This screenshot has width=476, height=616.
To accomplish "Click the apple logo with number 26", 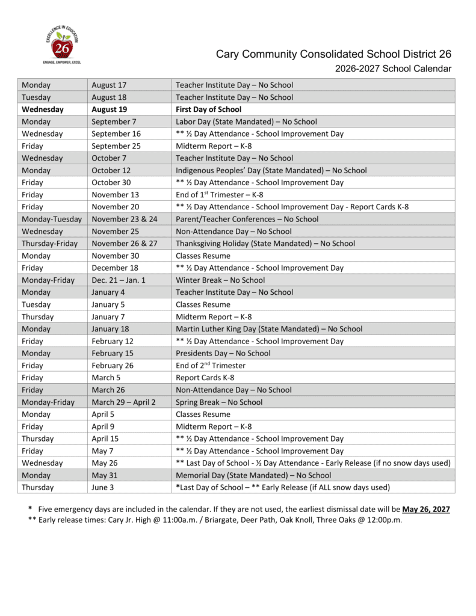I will click(62, 46).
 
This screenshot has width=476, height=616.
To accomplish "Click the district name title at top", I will click(333, 55).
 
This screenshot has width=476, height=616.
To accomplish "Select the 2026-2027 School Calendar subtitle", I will click(393, 69).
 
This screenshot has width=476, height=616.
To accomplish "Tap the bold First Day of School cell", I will click(208, 109).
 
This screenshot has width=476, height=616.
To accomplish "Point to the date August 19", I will click(109, 109).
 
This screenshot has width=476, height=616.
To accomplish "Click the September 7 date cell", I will click(114, 122).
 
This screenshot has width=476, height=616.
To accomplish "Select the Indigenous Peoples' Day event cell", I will click(271, 170).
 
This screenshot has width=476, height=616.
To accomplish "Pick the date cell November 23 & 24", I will click(124, 219).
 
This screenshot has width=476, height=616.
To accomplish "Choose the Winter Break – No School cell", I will click(220, 280).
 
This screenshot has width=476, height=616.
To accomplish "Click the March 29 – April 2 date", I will click(123, 402).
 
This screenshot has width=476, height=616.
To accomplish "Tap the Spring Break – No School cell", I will click(218, 402).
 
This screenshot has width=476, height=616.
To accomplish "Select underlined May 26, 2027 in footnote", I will click(426, 509).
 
